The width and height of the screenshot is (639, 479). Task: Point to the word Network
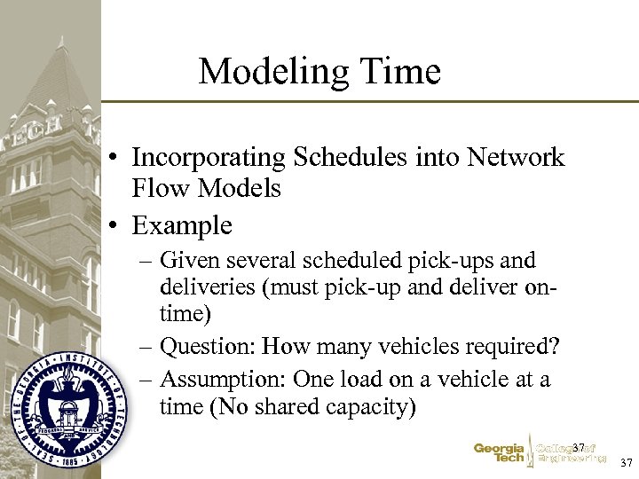[516, 158]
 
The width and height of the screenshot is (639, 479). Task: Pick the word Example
[182, 225]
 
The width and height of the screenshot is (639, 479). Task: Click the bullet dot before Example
[117, 226]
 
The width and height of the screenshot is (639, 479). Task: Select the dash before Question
[147, 345]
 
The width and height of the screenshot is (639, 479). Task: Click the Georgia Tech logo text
[498, 453]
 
